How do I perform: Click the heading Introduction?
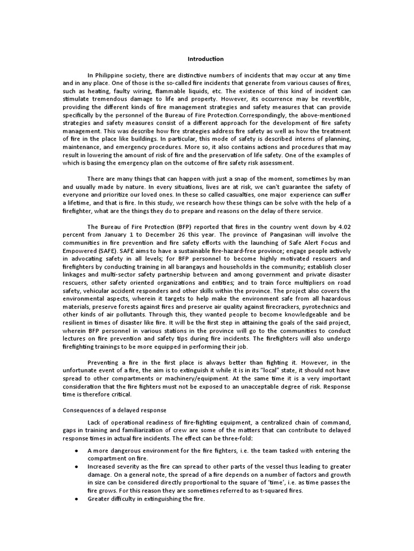click(x=205, y=59)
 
